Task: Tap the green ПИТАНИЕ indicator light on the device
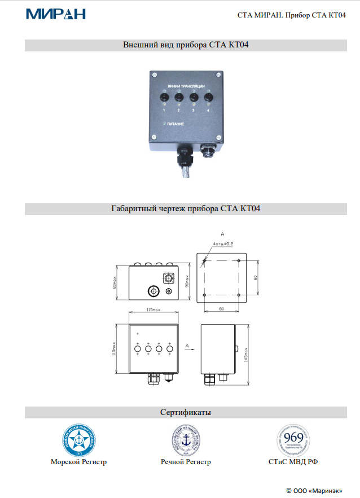coord(164,123)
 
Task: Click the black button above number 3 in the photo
coord(194,98)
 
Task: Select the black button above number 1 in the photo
coord(163,98)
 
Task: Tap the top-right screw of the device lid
coord(217,73)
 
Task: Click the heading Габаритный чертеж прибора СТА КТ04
coord(186,209)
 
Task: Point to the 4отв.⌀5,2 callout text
coord(223,244)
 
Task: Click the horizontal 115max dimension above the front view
coord(153,310)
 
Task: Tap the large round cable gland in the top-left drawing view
coord(152,291)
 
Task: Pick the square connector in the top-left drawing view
coord(168,278)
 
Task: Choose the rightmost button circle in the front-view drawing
coord(170,350)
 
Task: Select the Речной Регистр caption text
coord(186,462)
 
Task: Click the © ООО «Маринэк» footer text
coord(314,490)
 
